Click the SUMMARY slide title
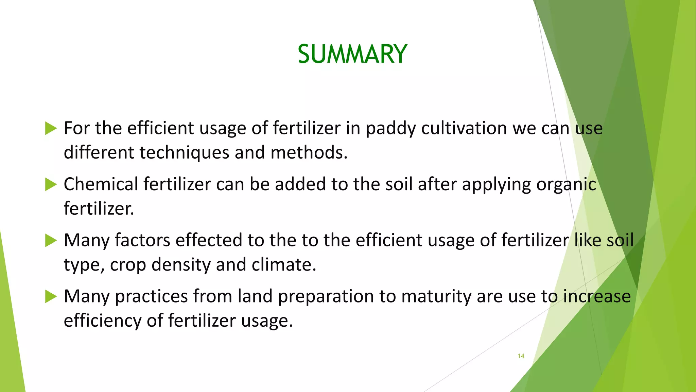click(x=352, y=54)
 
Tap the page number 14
click(x=521, y=356)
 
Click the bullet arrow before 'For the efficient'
click(x=51, y=129)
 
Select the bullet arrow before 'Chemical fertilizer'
click(x=51, y=184)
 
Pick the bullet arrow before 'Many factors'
click(x=51, y=241)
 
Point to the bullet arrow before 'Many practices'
click(x=51, y=296)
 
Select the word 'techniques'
click(x=184, y=153)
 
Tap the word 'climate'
click(x=283, y=265)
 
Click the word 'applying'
click(x=496, y=185)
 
